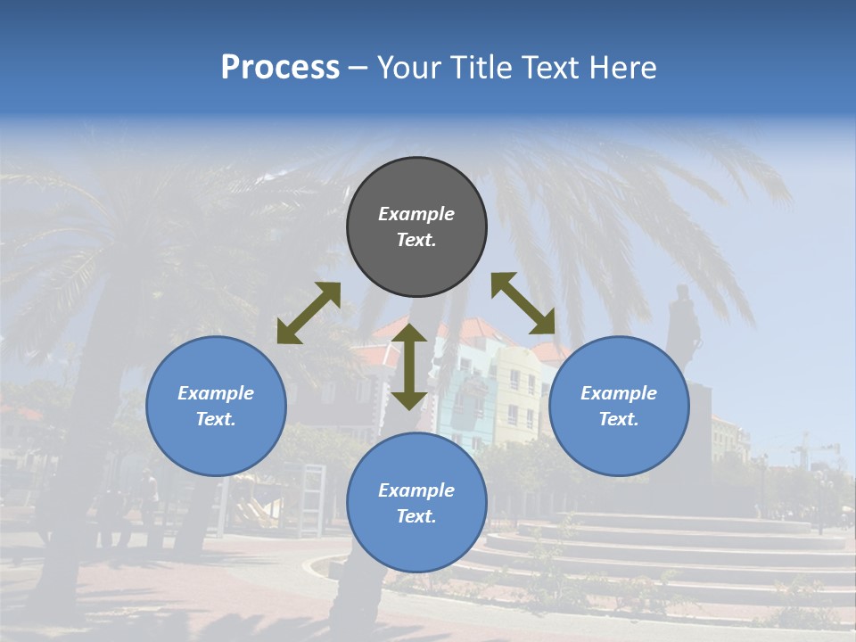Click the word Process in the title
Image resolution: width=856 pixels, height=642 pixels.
280,68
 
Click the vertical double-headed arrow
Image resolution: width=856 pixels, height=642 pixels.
409,366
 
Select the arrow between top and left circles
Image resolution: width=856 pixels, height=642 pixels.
309,313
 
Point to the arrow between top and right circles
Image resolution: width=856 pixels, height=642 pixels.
523,303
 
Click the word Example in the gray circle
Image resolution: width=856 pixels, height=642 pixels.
416,214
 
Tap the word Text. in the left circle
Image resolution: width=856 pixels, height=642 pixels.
216,419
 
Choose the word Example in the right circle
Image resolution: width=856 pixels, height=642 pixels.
619,393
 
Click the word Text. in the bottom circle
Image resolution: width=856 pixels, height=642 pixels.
416,516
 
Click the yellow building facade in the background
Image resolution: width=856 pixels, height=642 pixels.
517,392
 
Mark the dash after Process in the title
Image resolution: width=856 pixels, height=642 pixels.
358,69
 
